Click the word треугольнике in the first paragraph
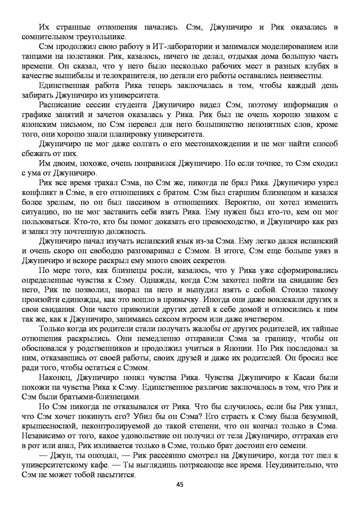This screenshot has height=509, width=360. click(x=100, y=37)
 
